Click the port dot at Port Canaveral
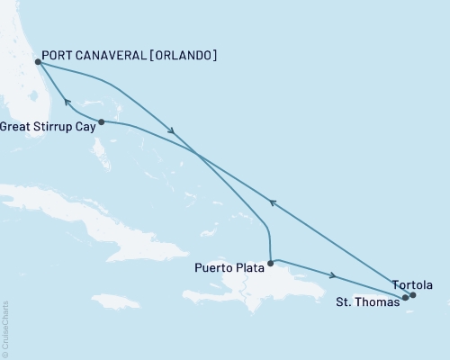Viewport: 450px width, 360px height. [37, 62]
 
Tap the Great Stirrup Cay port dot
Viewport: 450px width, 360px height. [102, 121]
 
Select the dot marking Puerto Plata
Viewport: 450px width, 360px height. [270, 263]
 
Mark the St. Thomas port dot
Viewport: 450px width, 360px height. [405, 297]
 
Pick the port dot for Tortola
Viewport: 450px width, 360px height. [413, 294]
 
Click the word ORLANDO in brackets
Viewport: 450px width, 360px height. [180, 56]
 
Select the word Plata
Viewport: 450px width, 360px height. [248, 267]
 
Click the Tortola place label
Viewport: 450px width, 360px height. [412, 284]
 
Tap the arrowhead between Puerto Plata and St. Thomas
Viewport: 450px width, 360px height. [335, 276]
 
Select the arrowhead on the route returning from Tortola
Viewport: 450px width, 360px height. [273, 203]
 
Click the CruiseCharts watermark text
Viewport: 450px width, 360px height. [5, 328]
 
